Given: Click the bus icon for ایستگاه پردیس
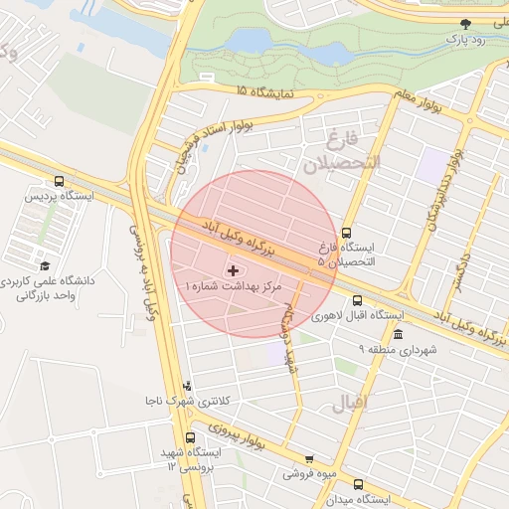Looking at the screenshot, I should click(61, 182).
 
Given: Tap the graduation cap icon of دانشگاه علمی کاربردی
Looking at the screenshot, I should click(45, 265).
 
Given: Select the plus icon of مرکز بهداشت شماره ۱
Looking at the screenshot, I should click(234, 269).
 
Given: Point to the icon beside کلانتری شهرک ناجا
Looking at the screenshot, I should click(188, 386).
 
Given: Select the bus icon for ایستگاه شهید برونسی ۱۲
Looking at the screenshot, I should click(191, 437).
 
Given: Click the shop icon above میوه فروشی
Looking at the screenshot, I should click(309, 459).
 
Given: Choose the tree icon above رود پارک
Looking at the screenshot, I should click(465, 23).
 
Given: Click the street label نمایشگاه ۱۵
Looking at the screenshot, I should click(265, 91).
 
